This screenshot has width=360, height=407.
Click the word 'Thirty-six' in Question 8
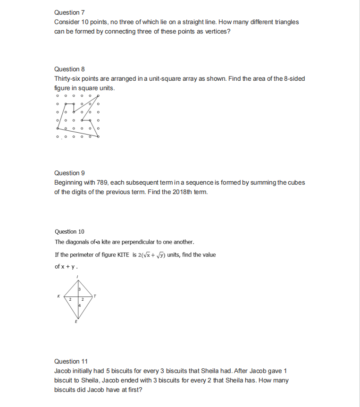point(67,78)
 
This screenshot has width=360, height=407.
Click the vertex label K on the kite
point(59,296)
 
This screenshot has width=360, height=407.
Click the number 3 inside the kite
point(80,289)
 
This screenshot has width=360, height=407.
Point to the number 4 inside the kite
point(80,306)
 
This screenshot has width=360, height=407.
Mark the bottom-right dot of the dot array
point(98,137)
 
